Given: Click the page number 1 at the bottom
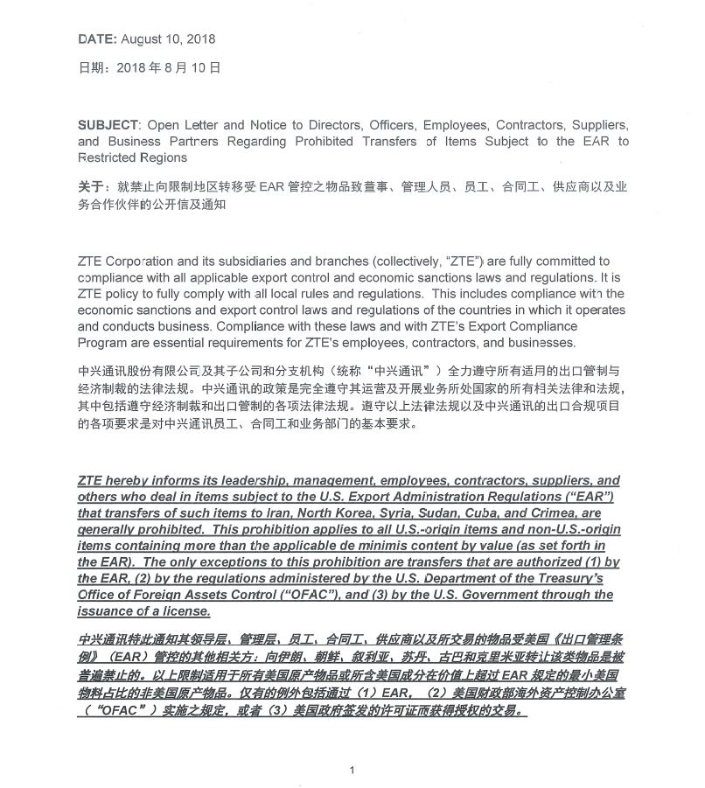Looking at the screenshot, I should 351,770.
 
